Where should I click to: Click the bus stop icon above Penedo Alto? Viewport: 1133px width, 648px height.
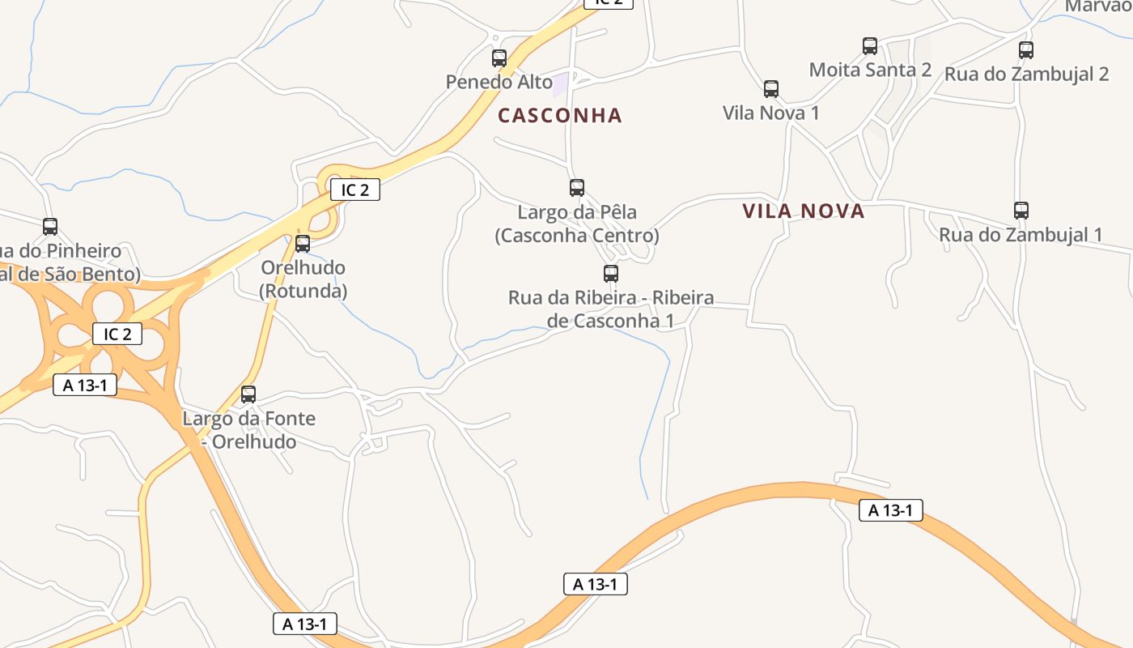pos(499,58)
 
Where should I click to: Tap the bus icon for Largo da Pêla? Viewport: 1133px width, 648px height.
pos(577,188)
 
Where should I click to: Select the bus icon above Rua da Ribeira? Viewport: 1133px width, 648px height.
pos(611,274)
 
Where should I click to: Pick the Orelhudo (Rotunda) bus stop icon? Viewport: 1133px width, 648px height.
pos(303,243)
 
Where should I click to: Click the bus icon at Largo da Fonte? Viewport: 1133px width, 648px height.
pos(248,394)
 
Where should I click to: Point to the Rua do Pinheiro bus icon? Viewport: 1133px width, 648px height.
pos(50,227)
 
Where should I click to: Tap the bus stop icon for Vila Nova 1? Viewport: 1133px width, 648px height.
pos(771,89)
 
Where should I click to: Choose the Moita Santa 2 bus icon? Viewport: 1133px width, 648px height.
pos(870,46)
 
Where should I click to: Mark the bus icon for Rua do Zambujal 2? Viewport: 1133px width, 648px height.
pos(1026,50)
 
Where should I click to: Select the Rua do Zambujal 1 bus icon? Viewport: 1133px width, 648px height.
pos(1021,211)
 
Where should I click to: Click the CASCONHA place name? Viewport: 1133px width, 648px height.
pos(560,116)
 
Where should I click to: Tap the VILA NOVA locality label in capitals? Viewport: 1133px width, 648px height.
pos(804,212)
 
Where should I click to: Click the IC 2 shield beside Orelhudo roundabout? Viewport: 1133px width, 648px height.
pos(355,190)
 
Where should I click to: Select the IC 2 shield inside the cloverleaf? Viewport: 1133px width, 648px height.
pos(117,334)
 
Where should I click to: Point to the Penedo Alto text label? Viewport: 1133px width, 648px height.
pos(499,82)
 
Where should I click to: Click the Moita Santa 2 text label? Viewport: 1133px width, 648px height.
pos(870,70)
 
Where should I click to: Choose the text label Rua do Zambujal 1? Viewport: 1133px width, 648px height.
pos(1021,235)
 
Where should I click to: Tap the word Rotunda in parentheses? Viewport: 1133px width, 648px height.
pos(303,291)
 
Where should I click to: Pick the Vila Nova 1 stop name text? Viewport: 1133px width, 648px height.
pos(770,113)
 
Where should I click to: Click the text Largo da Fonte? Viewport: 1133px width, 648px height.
pos(248,419)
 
